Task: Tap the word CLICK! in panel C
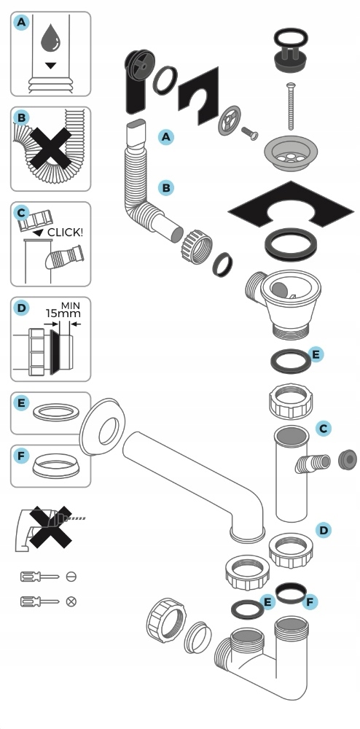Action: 66,232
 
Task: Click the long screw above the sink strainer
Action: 291,106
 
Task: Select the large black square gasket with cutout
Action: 291,205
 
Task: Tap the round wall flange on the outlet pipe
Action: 103,426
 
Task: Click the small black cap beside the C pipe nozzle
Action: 347,459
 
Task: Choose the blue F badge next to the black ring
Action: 310,603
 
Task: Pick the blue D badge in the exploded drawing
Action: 324,530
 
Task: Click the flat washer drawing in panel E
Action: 55,413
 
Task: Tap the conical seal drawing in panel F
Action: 56,466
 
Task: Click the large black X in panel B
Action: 50,149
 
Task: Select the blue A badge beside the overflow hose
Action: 166,137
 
